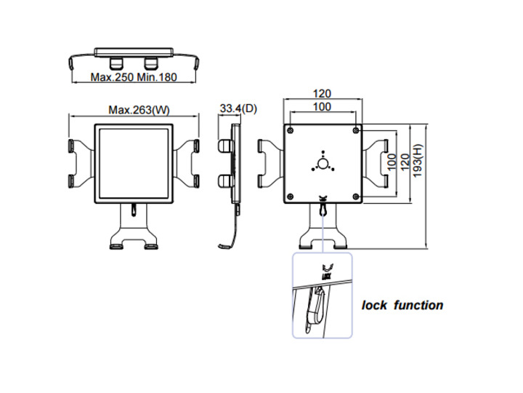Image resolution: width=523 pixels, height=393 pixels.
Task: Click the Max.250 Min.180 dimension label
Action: pyautogui.click(x=134, y=77)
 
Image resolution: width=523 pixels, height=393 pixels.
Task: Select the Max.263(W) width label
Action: pyautogui.click(x=139, y=111)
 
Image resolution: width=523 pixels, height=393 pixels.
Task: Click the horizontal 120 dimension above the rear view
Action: pyautogui.click(x=323, y=94)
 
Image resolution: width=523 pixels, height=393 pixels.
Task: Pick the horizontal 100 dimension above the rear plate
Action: pyautogui.click(x=323, y=107)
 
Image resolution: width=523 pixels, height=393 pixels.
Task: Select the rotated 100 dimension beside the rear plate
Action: pyautogui.click(x=389, y=162)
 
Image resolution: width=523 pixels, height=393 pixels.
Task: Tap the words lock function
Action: pyautogui.click(x=402, y=306)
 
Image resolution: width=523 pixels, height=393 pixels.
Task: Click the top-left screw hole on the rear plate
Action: pyautogui.click(x=290, y=130)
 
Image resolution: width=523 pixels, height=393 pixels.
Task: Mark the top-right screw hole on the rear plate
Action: pyautogui.click(x=355, y=130)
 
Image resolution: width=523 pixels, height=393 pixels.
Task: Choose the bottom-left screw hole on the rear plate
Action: pyautogui.click(x=290, y=194)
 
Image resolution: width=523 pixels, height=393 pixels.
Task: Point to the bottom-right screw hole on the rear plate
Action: pyautogui.click(x=355, y=194)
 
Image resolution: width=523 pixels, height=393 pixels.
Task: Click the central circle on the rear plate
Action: pyautogui.click(x=323, y=163)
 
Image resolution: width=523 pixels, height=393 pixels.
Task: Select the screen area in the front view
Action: pyautogui.click(x=134, y=163)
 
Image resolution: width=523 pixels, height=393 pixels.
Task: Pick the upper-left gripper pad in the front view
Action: pyautogui.click(x=74, y=146)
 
